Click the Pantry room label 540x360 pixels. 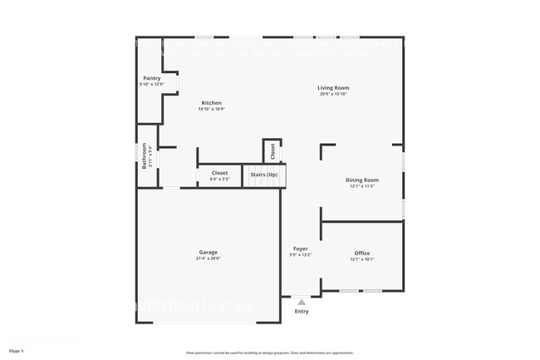152,78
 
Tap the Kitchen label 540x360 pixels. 211,103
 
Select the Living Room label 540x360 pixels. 333,87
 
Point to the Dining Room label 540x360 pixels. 362,180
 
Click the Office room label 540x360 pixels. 362,253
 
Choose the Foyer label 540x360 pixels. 300,249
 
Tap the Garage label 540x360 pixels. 209,252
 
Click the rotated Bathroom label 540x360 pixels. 144,156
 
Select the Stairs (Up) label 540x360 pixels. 264,175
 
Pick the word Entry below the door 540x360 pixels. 302,312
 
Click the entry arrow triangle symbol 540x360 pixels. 302,303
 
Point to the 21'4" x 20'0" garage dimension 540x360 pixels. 209,259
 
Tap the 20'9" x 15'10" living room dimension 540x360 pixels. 333,94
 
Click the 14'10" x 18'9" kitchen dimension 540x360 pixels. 211,110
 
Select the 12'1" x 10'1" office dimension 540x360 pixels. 362,259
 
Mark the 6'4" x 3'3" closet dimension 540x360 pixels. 219,179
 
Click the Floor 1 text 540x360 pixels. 17,352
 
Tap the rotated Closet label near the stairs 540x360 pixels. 272,151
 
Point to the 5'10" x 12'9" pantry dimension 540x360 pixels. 152,85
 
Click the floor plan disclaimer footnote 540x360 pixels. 269,353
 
